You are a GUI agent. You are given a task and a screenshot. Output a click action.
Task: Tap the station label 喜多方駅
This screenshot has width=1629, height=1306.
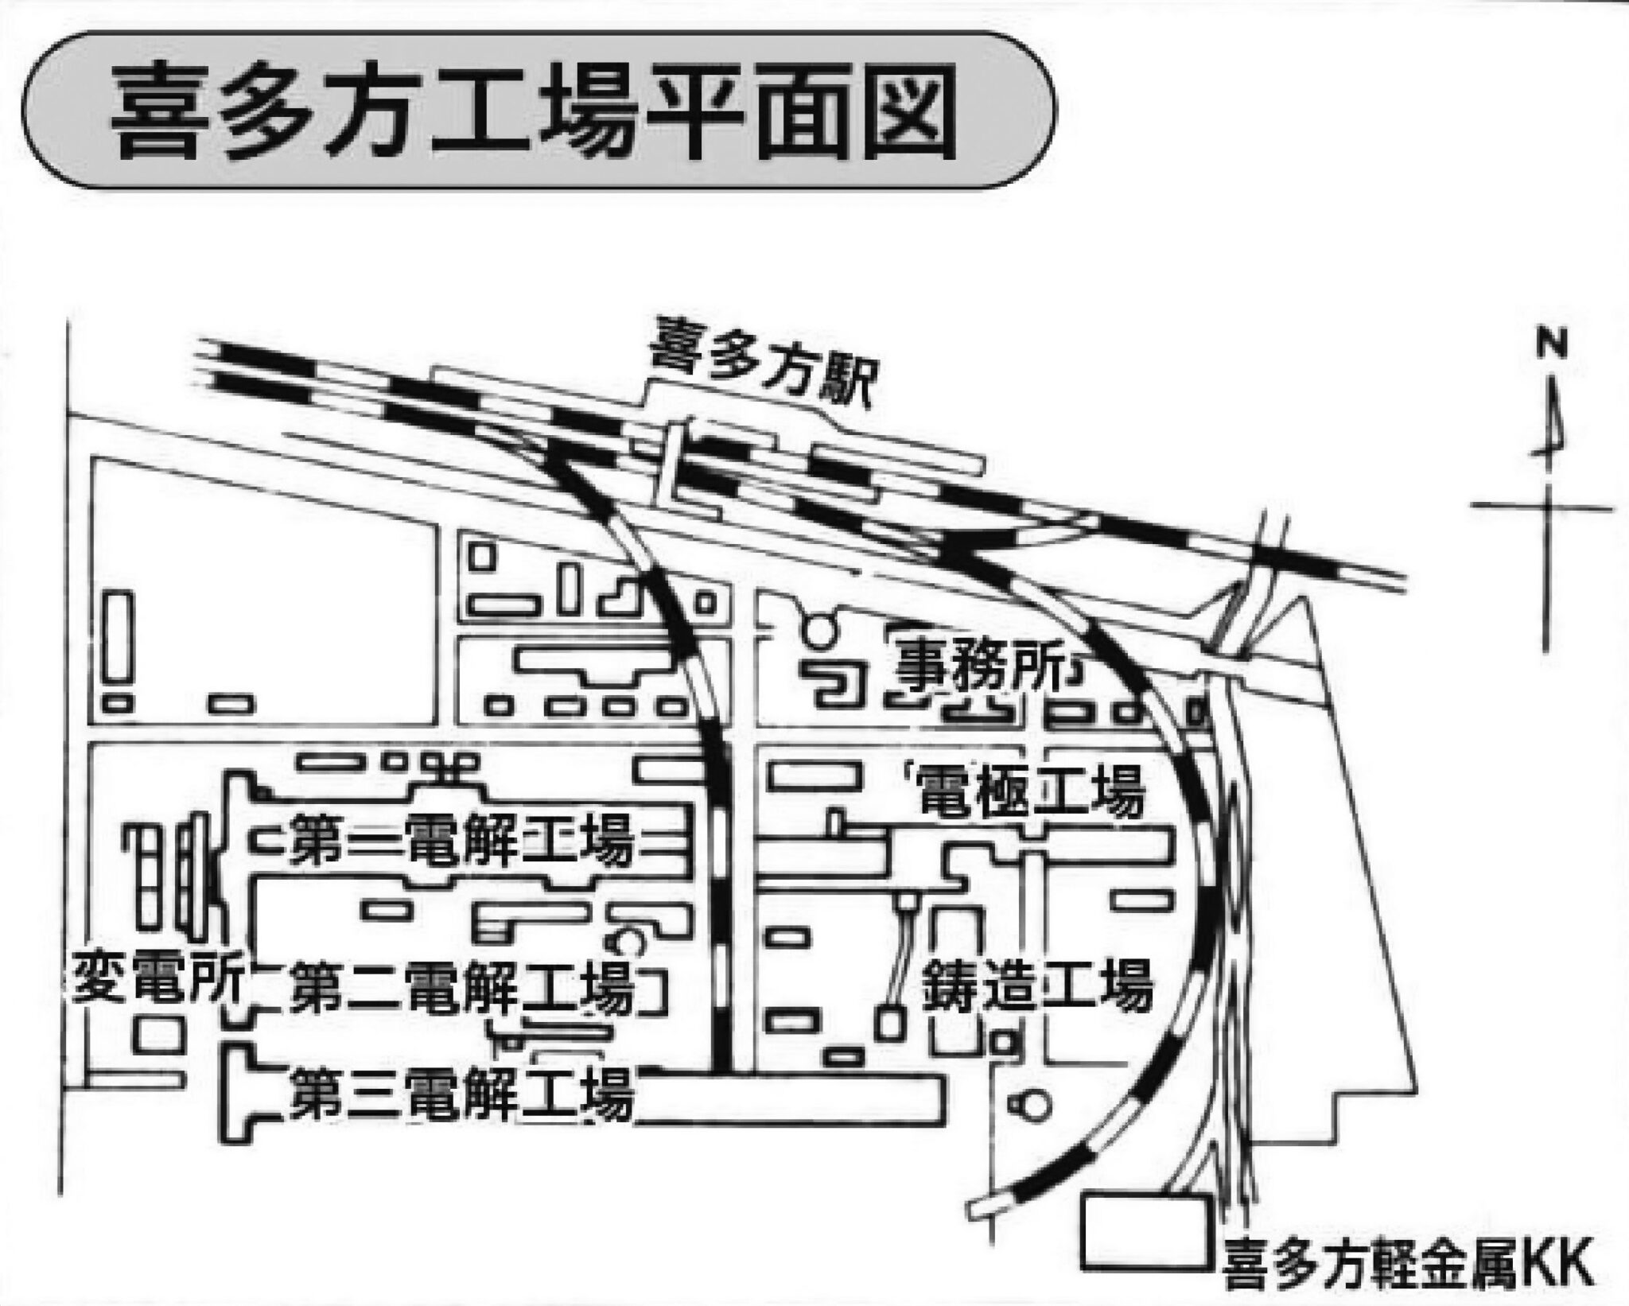(x=761, y=369)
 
